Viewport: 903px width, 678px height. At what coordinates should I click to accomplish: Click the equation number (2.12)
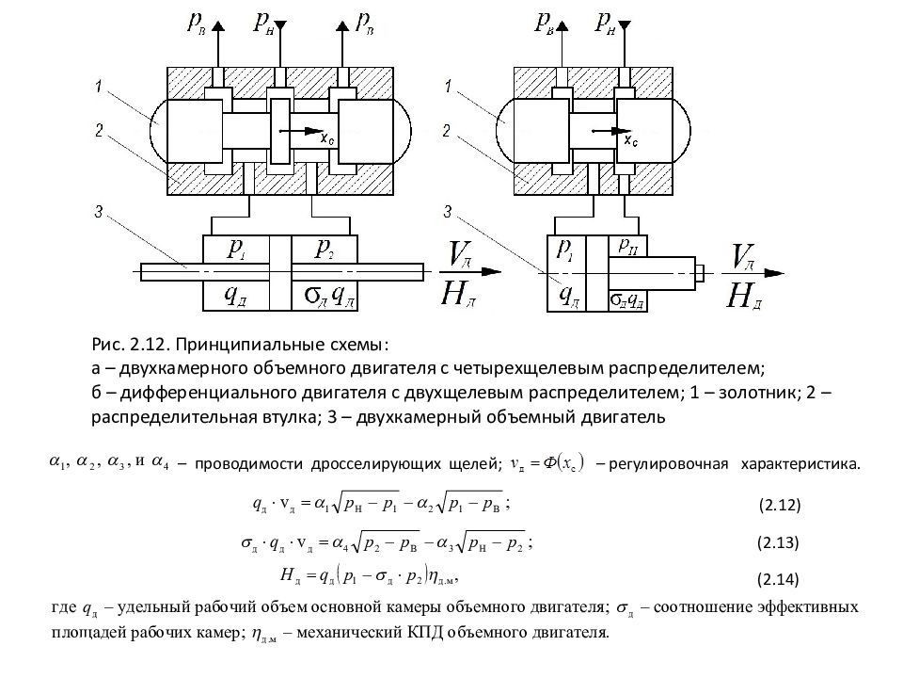point(779,506)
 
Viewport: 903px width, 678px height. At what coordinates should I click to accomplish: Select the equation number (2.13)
point(779,542)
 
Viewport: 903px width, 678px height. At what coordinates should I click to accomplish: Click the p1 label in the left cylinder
point(236,249)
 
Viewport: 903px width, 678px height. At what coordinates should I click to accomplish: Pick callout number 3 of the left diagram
point(100,213)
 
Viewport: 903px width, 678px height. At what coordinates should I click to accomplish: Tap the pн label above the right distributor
point(604,22)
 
